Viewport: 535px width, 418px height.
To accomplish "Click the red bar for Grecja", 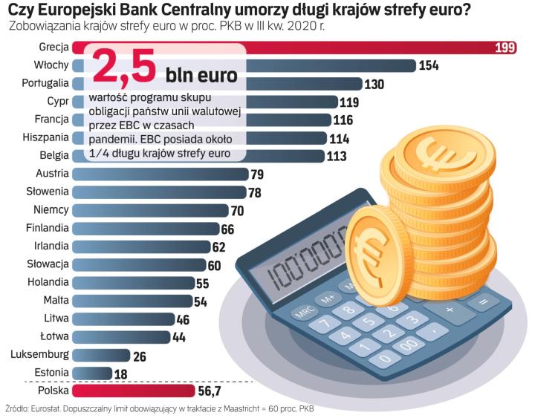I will point(297,48).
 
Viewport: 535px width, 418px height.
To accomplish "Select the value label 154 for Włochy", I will point(429,65).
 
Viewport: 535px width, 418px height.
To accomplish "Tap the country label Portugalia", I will point(46,83).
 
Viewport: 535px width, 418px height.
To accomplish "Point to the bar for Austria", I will point(160,174).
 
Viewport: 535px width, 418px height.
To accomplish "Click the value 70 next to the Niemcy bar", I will point(237,210).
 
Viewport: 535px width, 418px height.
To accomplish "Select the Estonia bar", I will point(91,372).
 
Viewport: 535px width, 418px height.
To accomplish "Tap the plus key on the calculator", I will point(449,307).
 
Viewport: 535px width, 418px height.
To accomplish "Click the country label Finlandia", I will point(47,228).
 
